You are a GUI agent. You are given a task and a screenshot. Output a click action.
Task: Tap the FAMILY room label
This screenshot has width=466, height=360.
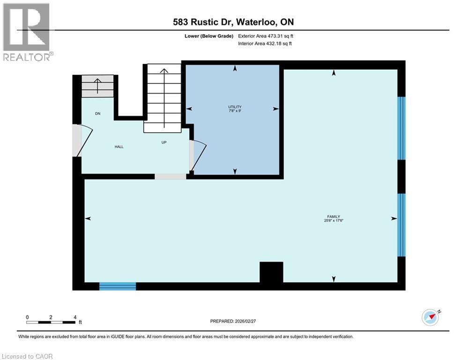[x=333, y=217]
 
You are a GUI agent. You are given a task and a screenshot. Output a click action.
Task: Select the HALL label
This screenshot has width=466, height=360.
[x=119, y=147]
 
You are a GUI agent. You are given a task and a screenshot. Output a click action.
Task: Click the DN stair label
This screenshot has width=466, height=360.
[x=98, y=114]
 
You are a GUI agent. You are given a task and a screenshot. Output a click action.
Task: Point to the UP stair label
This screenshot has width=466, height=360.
[x=164, y=142]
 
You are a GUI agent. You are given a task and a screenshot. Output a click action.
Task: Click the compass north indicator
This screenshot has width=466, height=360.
[x=431, y=317]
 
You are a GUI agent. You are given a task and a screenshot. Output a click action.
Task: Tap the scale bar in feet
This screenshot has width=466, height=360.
[x=51, y=322]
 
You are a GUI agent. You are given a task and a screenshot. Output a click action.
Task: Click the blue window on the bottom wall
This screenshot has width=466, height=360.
[x=118, y=286]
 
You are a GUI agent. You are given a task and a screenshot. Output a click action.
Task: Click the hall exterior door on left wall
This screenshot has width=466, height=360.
[x=78, y=140]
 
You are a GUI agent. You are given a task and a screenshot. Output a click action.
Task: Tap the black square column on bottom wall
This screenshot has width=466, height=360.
[x=271, y=272]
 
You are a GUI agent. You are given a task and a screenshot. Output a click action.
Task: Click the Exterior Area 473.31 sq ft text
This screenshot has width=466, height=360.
[x=266, y=36]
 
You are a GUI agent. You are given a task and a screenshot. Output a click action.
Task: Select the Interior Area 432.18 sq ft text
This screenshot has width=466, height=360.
[x=266, y=44]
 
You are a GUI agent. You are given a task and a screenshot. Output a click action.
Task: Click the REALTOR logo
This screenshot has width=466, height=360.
[x=27, y=31]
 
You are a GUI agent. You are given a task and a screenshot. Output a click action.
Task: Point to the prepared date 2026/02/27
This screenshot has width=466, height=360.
[x=234, y=321]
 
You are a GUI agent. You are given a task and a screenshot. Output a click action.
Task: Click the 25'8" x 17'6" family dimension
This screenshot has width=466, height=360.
[x=333, y=221]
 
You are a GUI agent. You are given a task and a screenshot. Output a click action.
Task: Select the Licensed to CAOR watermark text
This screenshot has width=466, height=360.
[x=28, y=356]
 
